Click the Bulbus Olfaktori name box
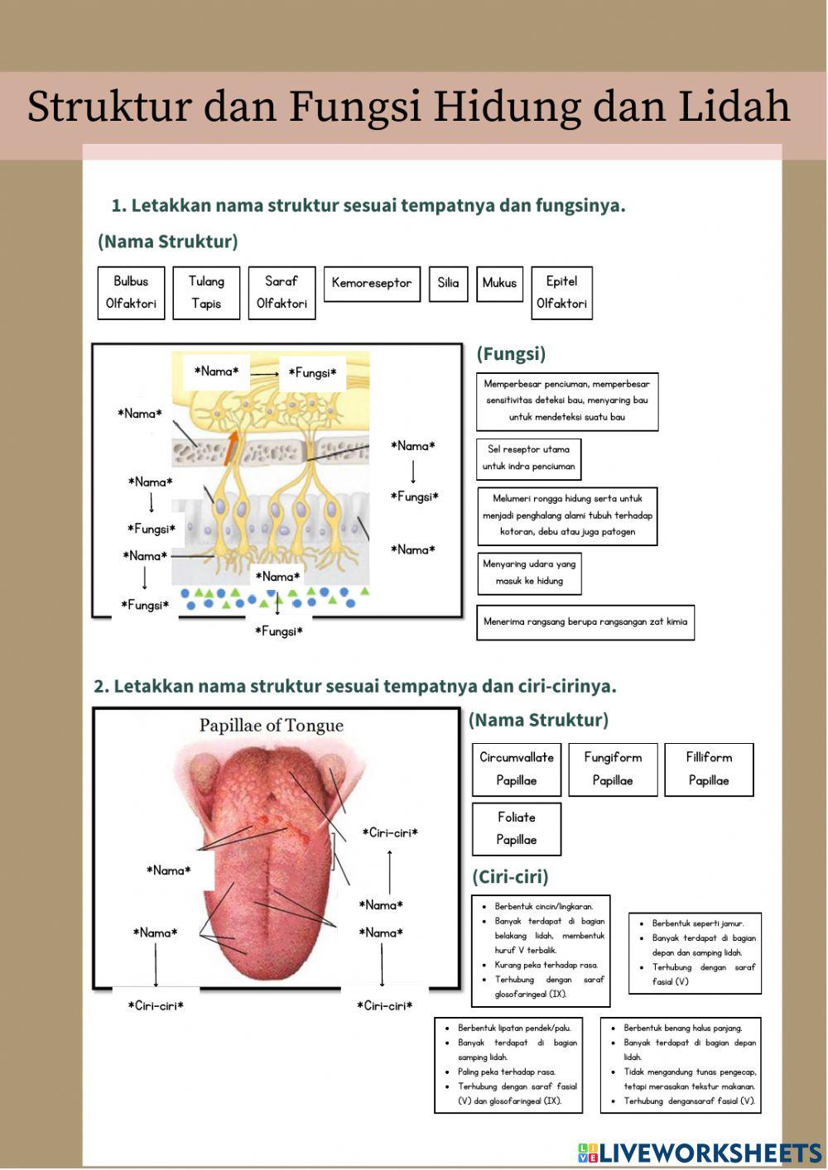coord(131,292)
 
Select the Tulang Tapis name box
coord(206,292)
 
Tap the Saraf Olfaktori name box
coord(282,292)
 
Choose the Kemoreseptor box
coord(372,283)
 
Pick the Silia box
coord(448,283)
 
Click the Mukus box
coord(499,283)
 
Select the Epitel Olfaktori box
coord(561,292)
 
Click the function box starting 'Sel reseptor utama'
coord(528,458)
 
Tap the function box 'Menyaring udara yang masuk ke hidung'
coord(529,573)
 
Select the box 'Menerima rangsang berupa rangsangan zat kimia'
coord(585,622)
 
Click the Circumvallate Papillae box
coord(517,769)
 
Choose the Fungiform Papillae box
coord(613,769)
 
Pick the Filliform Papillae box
coord(709,769)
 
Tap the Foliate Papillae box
coord(517,828)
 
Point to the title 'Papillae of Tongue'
coord(271,726)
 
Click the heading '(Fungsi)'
coord(511,354)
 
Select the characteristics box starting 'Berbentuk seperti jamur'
coord(695,952)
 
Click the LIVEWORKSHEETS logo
coord(700,1153)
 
